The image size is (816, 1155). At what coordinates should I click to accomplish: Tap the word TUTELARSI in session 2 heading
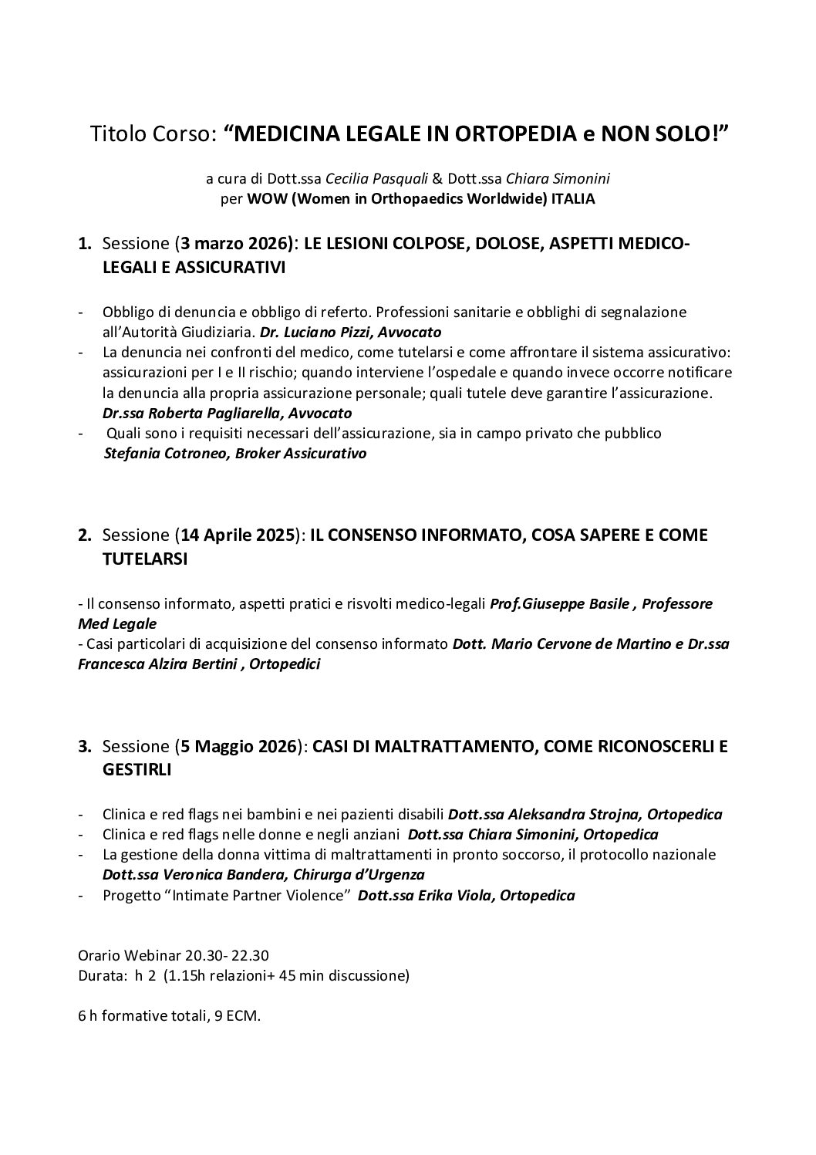[x=145, y=559]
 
